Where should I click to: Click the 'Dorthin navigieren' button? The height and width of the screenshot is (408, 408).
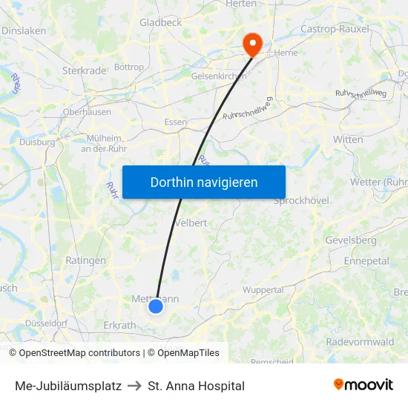204,182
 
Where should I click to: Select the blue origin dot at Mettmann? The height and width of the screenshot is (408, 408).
156,306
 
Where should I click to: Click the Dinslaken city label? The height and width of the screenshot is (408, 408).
24,31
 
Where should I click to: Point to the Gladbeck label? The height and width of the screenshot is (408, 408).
160,22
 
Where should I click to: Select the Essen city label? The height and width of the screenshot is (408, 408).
176,122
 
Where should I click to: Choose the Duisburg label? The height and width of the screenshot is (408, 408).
37,142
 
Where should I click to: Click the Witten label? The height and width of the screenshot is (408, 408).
348,139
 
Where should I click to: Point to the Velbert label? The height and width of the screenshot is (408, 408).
191,223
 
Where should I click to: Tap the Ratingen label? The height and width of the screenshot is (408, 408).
86,260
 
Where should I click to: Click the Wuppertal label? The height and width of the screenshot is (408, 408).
263,290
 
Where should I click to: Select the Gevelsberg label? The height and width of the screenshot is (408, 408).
351,240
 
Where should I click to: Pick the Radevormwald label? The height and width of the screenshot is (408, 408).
360,342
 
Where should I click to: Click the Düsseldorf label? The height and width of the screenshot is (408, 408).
47,323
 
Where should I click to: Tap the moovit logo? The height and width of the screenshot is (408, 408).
363,385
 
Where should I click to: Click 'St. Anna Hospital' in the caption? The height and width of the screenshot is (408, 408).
196,386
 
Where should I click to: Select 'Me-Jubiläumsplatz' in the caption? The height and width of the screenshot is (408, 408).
68,386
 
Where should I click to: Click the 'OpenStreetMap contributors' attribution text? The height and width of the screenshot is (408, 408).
79,353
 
